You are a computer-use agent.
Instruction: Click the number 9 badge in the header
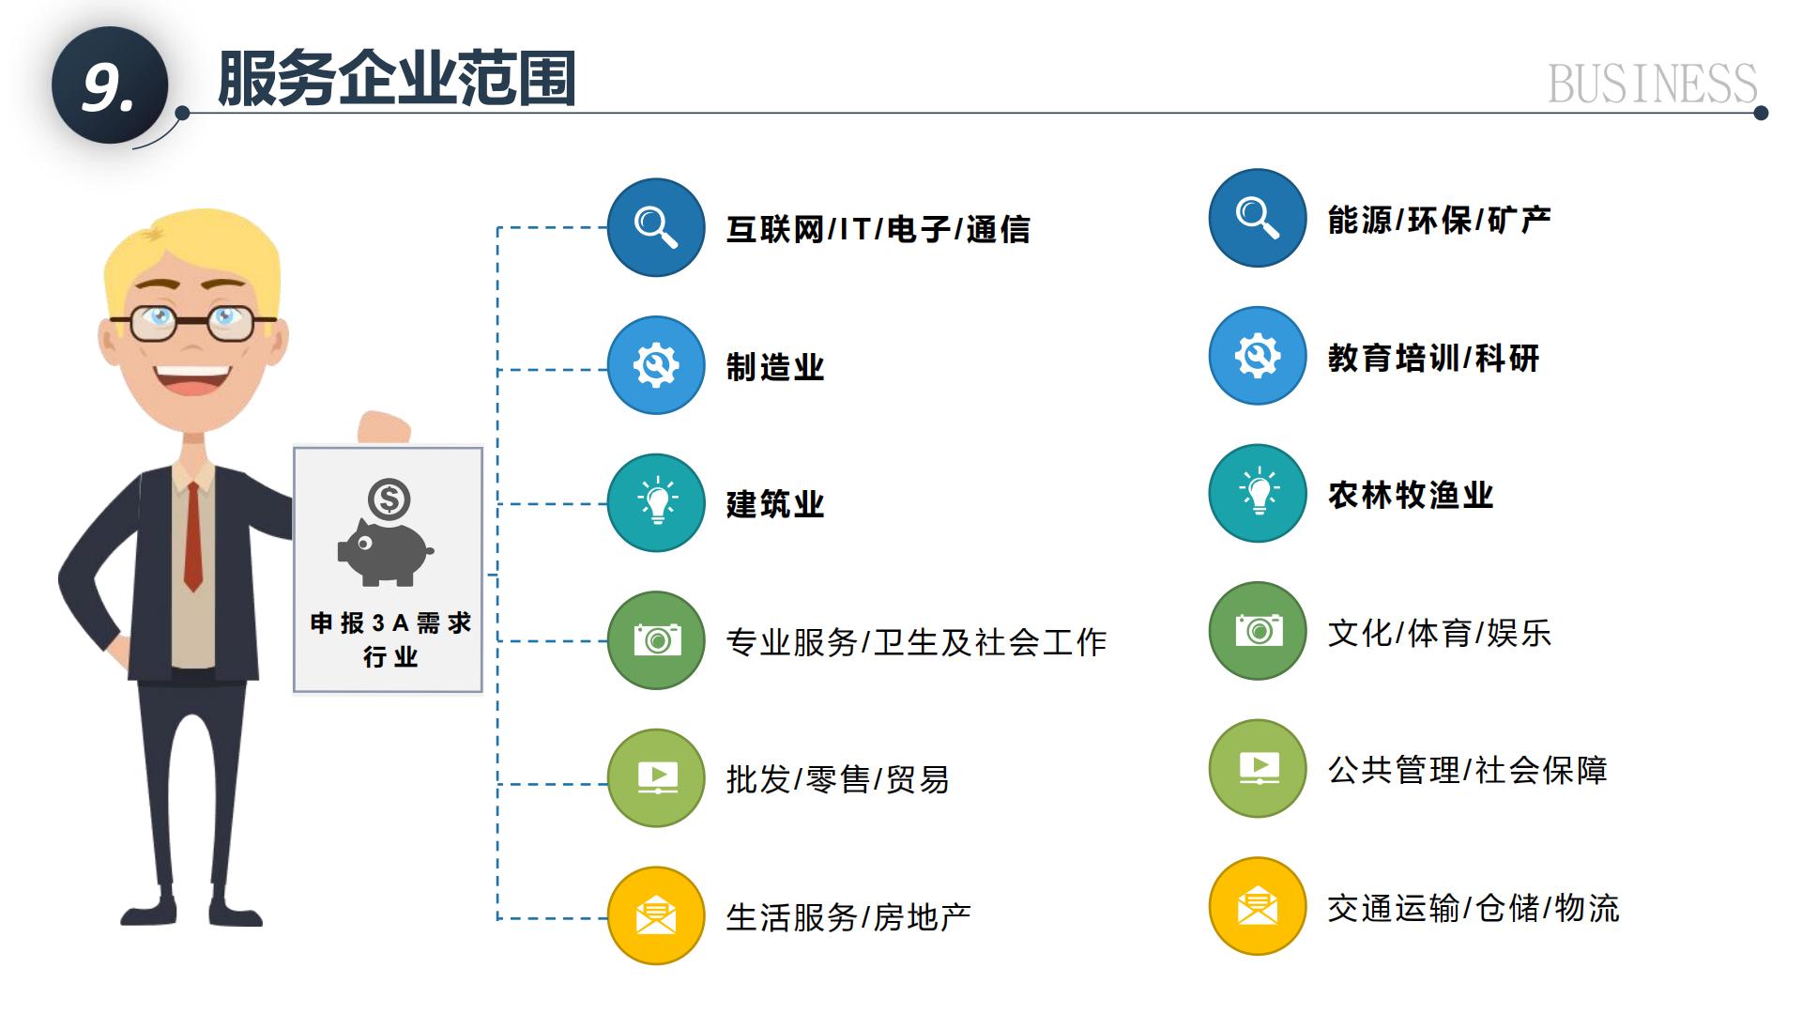(x=110, y=85)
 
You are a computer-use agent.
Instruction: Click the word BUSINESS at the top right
(x=1652, y=84)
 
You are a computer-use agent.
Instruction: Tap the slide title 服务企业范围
(x=396, y=78)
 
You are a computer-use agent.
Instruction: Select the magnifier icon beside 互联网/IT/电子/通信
(x=656, y=227)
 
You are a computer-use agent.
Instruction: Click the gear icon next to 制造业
(x=656, y=365)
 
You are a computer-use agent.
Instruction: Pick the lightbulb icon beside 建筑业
(x=656, y=503)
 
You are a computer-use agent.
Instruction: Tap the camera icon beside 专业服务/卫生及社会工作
(x=656, y=640)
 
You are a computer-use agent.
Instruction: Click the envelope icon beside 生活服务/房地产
(x=656, y=915)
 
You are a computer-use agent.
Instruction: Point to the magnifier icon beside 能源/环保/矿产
(x=1258, y=218)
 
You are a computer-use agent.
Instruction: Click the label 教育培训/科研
(x=1433, y=358)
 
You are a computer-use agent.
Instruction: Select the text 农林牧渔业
(x=1410, y=495)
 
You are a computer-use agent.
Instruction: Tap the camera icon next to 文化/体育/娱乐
(x=1258, y=631)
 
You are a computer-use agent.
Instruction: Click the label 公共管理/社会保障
(x=1467, y=770)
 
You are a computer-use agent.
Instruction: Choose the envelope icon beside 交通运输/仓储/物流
(x=1258, y=906)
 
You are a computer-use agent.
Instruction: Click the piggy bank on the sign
(x=385, y=552)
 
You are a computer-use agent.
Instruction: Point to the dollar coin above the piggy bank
(x=389, y=499)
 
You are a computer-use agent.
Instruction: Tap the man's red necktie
(x=192, y=536)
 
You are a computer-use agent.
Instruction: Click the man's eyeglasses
(x=192, y=322)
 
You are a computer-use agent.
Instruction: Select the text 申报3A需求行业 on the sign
(x=390, y=639)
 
